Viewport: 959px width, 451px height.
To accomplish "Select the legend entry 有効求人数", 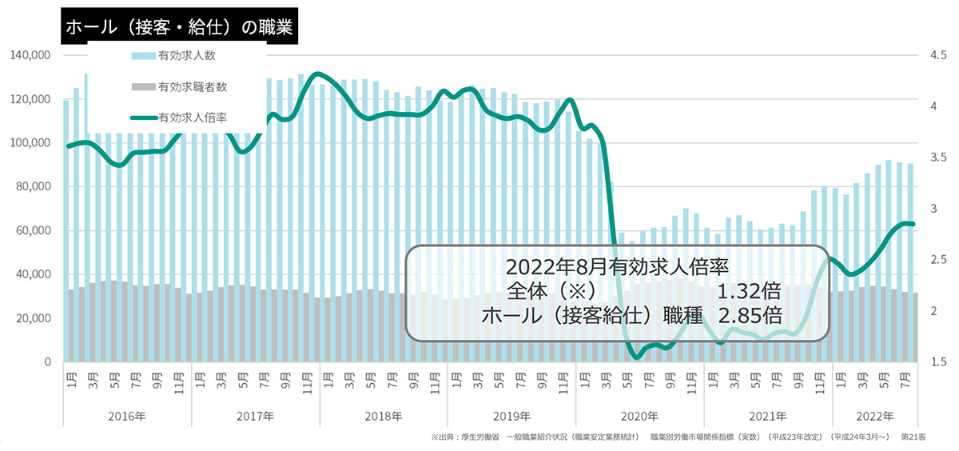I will (x=187, y=56).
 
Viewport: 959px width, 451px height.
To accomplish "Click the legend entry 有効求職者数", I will (x=193, y=86).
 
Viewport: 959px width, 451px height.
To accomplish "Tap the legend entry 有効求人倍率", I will (x=193, y=117).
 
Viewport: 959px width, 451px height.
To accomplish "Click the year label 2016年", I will (x=127, y=417).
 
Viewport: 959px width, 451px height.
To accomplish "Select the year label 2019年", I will (x=511, y=417).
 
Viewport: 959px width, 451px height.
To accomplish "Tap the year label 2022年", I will (x=876, y=417).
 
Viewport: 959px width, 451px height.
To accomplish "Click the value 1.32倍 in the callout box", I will (x=750, y=289).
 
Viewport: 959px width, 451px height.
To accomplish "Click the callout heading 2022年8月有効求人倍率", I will (x=618, y=265).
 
